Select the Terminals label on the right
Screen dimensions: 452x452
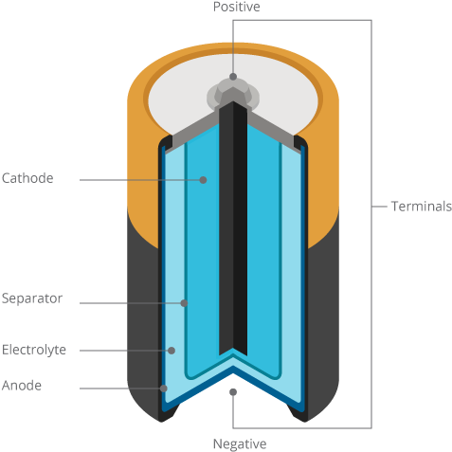(421, 207)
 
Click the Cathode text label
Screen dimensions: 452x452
(27, 178)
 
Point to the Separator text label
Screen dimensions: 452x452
(32, 298)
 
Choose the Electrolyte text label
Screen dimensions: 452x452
(34, 350)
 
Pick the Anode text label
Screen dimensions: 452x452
(22, 386)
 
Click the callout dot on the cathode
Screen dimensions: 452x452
(203, 178)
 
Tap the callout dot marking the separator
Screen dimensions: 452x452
(184, 303)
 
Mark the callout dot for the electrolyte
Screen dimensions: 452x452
(172, 351)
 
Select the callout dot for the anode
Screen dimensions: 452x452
(164, 388)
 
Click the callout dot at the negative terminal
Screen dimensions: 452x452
(233, 390)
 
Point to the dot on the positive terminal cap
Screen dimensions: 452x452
(233, 76)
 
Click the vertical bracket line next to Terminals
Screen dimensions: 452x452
(371, 284)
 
